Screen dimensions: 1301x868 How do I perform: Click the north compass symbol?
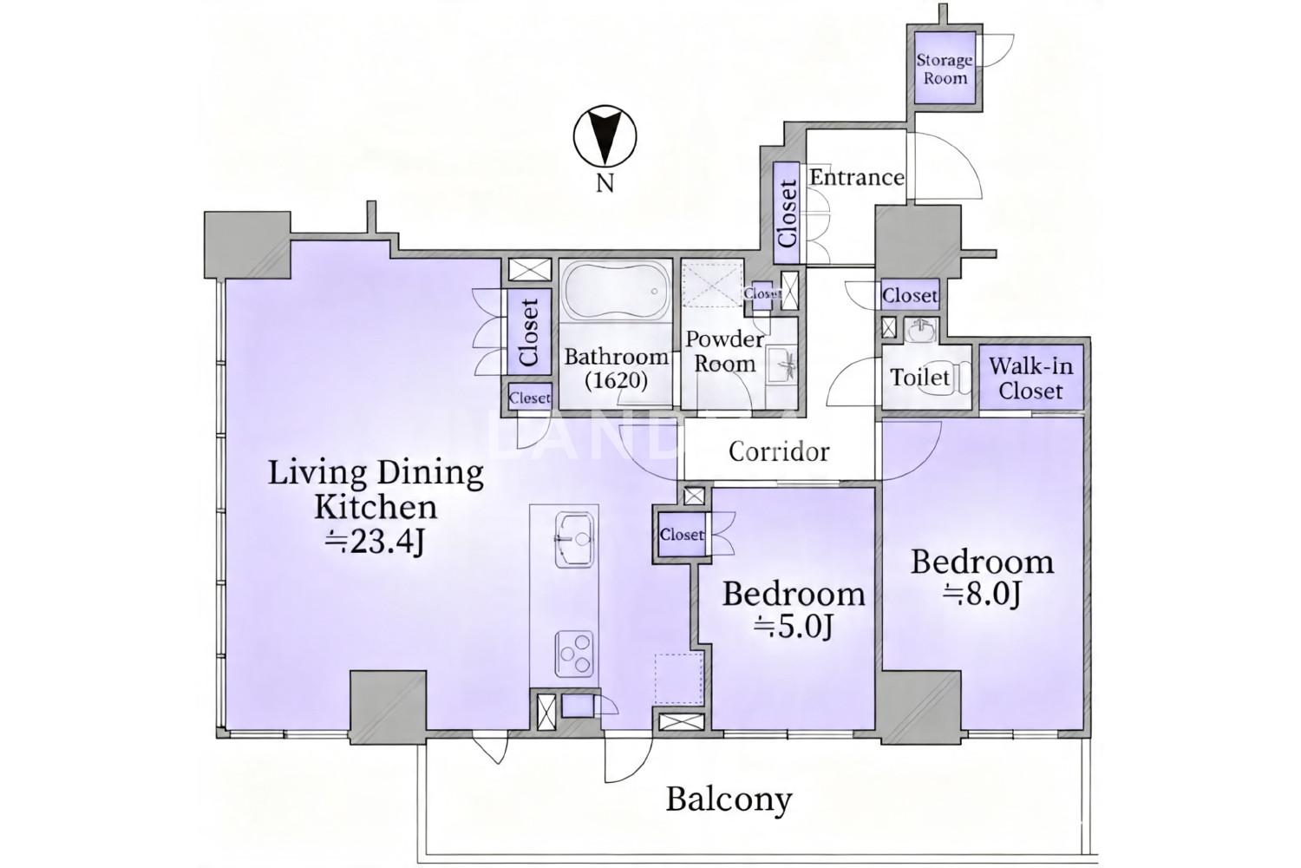coord(605,136)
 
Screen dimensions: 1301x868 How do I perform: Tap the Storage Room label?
coord(945,69)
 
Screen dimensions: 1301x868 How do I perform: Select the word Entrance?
coord(857,177)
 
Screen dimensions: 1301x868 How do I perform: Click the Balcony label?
coord(729,800)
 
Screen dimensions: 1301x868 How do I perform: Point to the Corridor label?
coord(779,451)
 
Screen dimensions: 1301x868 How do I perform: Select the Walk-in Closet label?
coord(1031,378)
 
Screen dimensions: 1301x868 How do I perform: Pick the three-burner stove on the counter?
coord(574,654)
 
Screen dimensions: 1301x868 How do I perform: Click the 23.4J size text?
coord(375,543)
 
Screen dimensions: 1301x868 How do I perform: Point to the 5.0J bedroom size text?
coord(794,627)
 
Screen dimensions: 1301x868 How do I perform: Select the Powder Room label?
coord(725,352)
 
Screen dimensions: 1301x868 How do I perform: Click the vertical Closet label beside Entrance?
coord(787,213)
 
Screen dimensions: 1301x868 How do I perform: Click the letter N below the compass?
coord(605,184)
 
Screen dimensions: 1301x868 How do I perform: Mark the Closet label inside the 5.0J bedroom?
coord(682,535)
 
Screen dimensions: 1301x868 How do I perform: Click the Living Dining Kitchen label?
coord(376,489)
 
